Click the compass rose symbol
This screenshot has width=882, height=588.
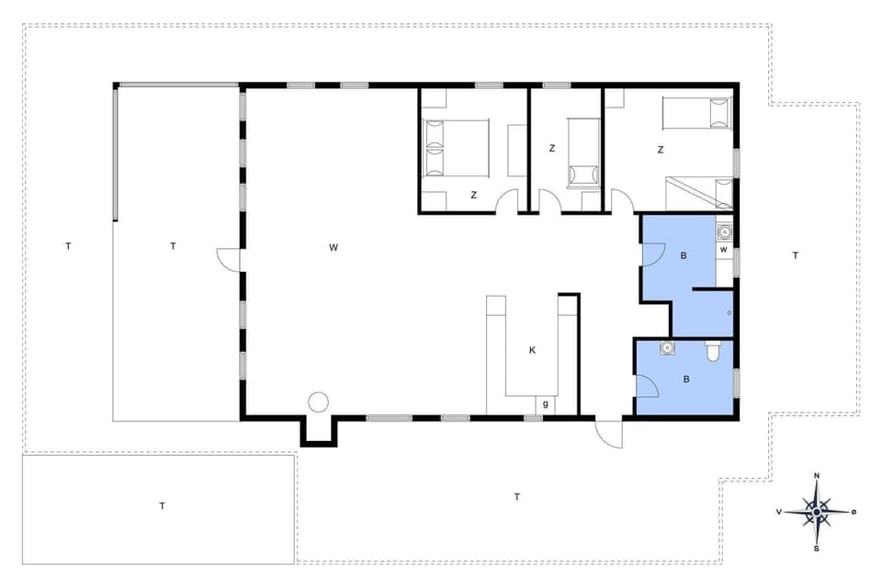tap(816, 511)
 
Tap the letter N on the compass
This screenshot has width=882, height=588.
tap(817, 476)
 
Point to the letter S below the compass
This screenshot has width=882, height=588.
tap(817, 548)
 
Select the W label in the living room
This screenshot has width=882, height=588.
tap(334, 246)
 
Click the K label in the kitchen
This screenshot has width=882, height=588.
tap(532, 350)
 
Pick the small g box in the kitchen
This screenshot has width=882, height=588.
tap(546, 403)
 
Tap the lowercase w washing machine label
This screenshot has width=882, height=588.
tap(724, 249)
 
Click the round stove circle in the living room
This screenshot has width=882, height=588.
tap(318, 401)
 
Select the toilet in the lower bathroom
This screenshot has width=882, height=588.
tap(712, 351)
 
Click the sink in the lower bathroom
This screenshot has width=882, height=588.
tap(666, 348)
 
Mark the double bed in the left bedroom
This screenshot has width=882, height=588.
tap(456, 147)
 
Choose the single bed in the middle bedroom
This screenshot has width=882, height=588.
tap(582, 153)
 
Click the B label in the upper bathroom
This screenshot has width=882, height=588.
tap(684, 256)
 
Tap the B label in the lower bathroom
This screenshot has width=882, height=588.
tap(684, 378)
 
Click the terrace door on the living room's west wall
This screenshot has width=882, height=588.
tap(228, 260)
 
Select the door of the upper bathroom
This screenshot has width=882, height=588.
tap(653, 254)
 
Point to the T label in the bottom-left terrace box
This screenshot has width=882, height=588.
tap(162, 505)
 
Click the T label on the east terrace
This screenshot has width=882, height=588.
tap(796, 255)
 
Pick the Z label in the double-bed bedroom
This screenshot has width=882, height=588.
tap(474, 195)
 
